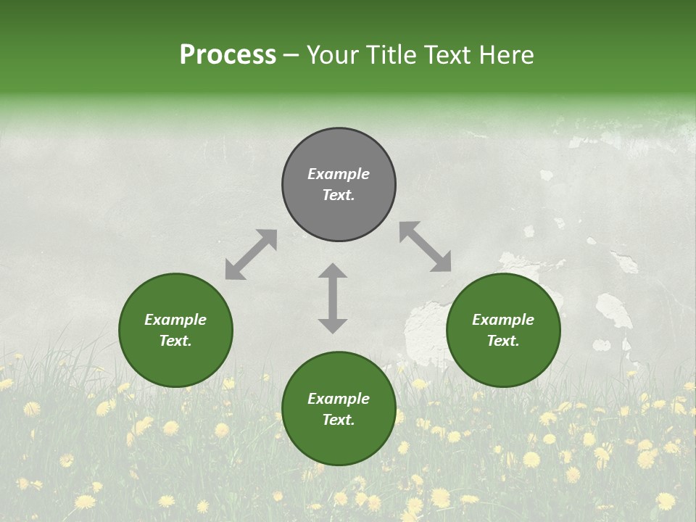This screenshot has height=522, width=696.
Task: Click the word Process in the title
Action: click(228, 55)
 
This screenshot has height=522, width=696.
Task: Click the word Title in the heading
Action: click(390, 55)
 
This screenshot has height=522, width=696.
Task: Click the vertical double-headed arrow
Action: click(333, 298)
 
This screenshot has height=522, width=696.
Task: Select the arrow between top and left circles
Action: click(251, 254)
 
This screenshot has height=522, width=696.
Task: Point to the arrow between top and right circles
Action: click(425, 247)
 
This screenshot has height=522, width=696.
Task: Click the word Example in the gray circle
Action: click(339, 174)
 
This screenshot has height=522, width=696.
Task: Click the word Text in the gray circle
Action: click(338, 195)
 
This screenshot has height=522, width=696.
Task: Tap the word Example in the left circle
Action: click(175, 320)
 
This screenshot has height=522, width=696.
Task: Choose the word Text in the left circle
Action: click(175, 341)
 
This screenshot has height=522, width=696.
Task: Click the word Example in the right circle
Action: click(503, 320)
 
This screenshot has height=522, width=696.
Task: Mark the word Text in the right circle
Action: click(502, 341)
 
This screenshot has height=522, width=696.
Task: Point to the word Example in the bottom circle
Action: click(339, 399)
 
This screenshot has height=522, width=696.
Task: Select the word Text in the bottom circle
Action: click(338, 420)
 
